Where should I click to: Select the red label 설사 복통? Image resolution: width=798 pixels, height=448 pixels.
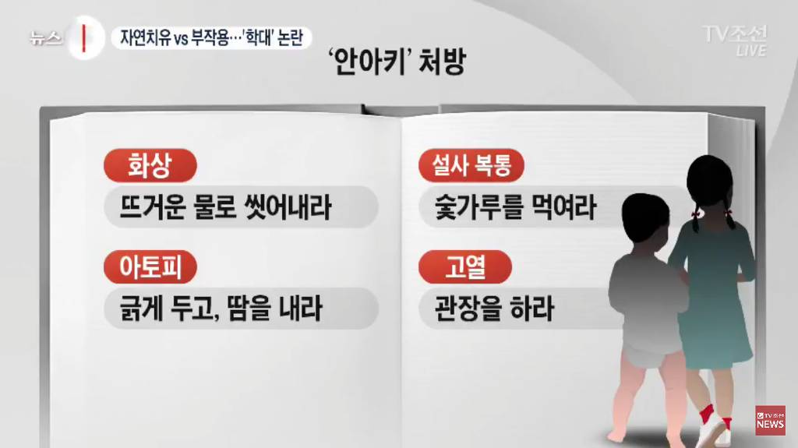pos(471,165)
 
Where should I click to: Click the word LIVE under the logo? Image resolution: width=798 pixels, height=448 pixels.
pos(751,51)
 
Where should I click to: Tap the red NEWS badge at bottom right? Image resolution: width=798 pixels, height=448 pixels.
pos(769,421)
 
